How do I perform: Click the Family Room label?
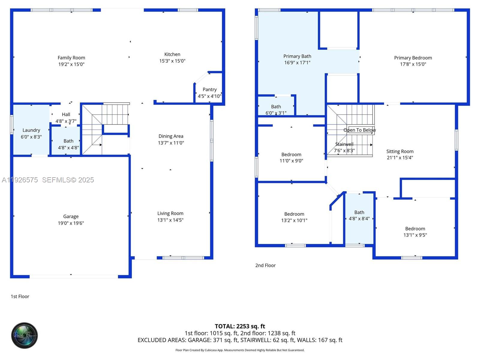pos(71,58)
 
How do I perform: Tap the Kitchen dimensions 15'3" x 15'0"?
pos(172,61)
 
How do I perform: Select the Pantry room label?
pos(209,89)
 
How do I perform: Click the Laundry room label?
pos(31,130)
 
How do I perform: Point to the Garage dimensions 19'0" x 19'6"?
pos(71,223)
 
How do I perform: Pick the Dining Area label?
pos(171,136)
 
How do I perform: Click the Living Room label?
pos(170,213)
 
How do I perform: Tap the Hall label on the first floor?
pos(66,114)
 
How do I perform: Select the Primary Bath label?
pos(297,56)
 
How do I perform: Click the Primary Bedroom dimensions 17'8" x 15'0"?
pos(413,64)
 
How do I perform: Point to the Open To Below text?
pos(359,130)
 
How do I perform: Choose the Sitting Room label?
pos(400,151)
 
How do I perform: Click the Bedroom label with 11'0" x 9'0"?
pos(291,154)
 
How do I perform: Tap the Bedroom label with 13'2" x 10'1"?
pos(294,214)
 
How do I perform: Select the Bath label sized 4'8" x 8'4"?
pos(359,212)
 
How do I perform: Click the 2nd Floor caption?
pos(265,265)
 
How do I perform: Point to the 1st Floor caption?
pos(20,296)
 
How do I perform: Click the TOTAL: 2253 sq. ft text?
pos(240,326)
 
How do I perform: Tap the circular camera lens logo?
pos(24,335)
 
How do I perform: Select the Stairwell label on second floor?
pos(344,144)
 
